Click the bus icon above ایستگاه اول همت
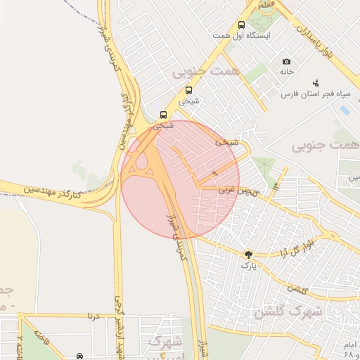pyautogui.click(x=242, y=25)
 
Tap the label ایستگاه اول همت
pyautogui.click(x=242, y=35)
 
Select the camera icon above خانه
pyautogui.click(x=286, y=62)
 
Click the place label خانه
pyautogui.click(x=286, y=72)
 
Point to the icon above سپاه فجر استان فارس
pyautogui.click(x=315, y=83)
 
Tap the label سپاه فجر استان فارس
pyautogui.click(x=316, y=94)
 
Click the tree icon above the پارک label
pyautogui.click(x=249, y=255)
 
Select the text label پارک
pyautogui.click(x=249, y=266)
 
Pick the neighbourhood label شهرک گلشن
pyautogui.click(x=288, y=312)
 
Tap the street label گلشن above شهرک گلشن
pyautogui.click(x=298, y=289)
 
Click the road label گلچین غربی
pyautogui.click(x=236, y=189)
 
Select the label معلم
pyautogui.click(x=266, y=5)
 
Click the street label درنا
pyautogui.click(x=93, y=316)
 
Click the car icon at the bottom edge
pyautogui.click(x=80, y=355)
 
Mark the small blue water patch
pyautogui.click(x=345, y=110)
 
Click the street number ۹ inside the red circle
pyautogui.click(x=214, y=172)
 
